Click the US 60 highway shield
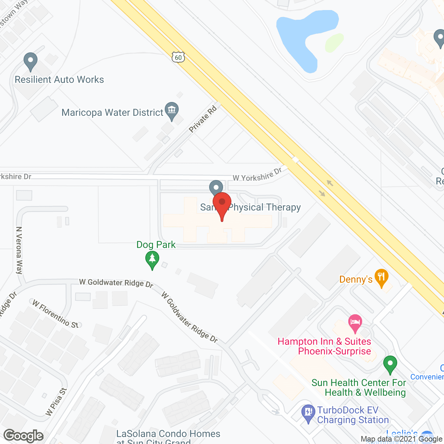[x=178, y=57]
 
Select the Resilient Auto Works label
[x=59, y=80]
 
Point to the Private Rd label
[x=203, y=119]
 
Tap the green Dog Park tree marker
[x=152, y=260]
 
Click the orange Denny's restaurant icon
[x=382, y=277]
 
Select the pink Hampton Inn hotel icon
[x=355, y=323]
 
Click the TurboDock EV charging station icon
[x=308, y=413]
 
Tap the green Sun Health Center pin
[x=390, y=365]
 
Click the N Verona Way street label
[x=19, y=250]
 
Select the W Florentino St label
[x=55, y=314]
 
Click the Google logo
[x=24, y=436]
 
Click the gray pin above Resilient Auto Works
[x=31, y=62]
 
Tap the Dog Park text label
[x=156, y=245]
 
